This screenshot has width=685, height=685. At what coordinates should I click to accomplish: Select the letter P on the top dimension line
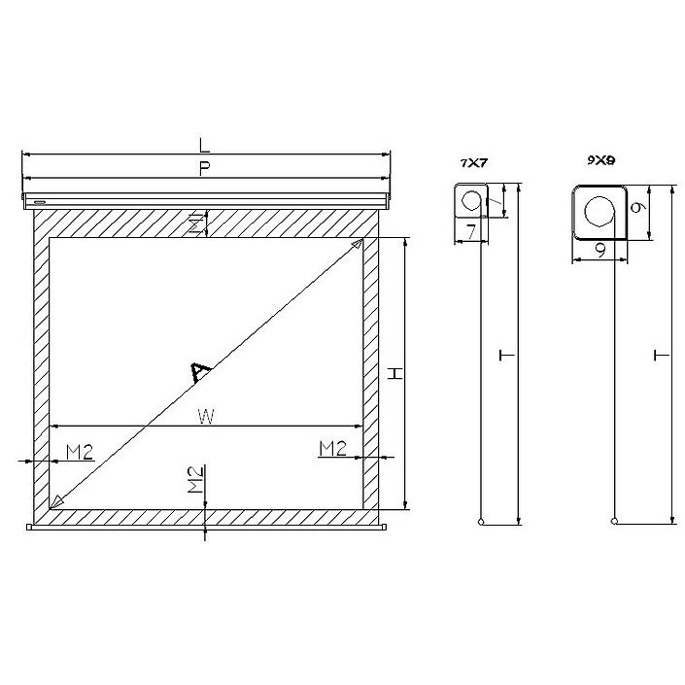(203, 168)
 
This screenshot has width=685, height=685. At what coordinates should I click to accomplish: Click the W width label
(204, 416)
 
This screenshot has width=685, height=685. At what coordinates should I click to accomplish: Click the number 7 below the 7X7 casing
(469, 232)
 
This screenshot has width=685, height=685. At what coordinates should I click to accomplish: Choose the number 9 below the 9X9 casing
(600, 250)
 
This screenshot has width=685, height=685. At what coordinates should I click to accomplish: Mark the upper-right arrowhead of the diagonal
(359, 243)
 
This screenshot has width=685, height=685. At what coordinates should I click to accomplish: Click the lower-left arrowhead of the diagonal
(56, 500)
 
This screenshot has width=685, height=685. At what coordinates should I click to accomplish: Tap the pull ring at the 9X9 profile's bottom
(613, 521)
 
